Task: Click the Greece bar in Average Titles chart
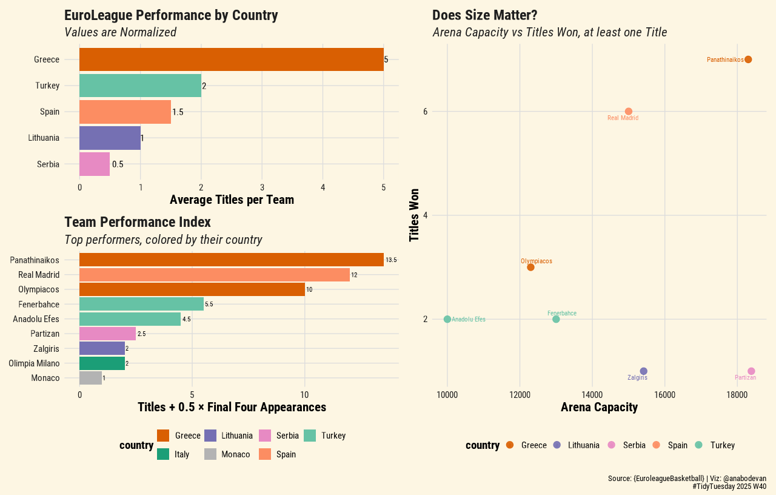pyautogui.click(x=231, y=59)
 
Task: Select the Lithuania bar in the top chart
pyautogui.click(x=110, y=138)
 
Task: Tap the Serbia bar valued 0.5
pyautogui.click(x=95, y=164)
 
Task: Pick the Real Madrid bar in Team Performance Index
pyautogui.click(x=215, y=275)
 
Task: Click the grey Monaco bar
pyautogui.click(x=90, y=378)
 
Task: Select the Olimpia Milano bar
pyautogui.click(x=102, y=363)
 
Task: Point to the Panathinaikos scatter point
pyautogui.click(x=748, y=59)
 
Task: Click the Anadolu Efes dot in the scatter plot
pyautogui.click(x=447, y=319)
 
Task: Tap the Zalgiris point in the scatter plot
pyautogui.click(x=643, y=371)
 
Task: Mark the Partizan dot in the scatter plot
pyautogui.click(x=751, y=371)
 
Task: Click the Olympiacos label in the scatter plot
pyautogui.click(x=536, y=261)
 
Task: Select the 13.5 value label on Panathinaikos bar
pyautogui.click(x=391, y=260)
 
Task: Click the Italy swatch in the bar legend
pyautogui.click(x=162, y=454)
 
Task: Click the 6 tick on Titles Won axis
pyautogui.click(x=426, y=112)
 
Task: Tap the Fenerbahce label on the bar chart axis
pyautogui.click(x=39, y=305)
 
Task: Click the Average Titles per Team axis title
pyautogui.click(x=232, y=200)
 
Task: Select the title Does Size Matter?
pyautogui.click(x=484, y=15)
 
